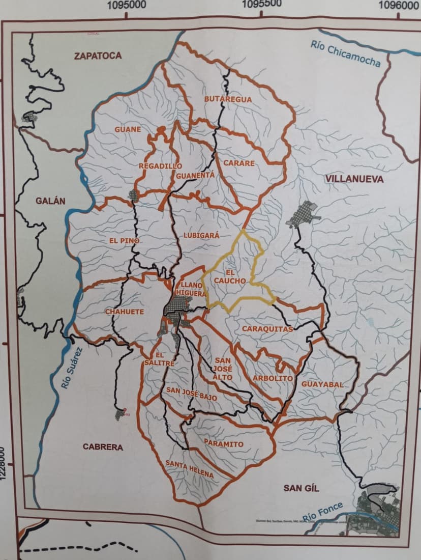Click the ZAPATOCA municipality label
tap(98, 56)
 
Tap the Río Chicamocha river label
tap(346, 53)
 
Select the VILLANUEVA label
tap(355, 179)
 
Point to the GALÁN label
tap(50, 201)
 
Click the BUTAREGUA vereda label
tap(228, 99)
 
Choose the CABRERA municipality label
tap(103, 447)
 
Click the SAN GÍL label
tap(301, 488)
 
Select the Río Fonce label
tap(323, 511)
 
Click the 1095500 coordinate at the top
tap(262, 5)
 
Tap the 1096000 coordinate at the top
tap(399, 5)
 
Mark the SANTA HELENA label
tap(190, 469)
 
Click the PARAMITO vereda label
tap(223, 444)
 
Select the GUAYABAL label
tap(322, 384)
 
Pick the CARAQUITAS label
tap(267, 329)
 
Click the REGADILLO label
tap(160, 166)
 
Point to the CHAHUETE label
tap(125, 312)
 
